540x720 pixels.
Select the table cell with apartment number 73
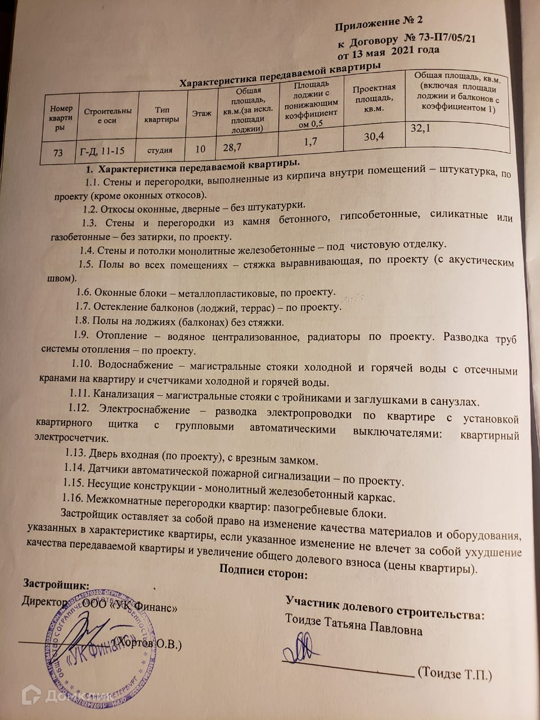58,152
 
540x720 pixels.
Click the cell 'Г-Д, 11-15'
102,151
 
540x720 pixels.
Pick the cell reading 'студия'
160,150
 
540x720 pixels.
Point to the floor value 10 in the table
200,149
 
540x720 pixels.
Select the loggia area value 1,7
310,142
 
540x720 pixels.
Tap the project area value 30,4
374,136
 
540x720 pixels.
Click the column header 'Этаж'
201,114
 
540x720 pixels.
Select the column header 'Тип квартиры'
161,115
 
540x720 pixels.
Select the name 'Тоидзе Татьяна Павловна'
353,627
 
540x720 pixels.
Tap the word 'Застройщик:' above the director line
56,584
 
